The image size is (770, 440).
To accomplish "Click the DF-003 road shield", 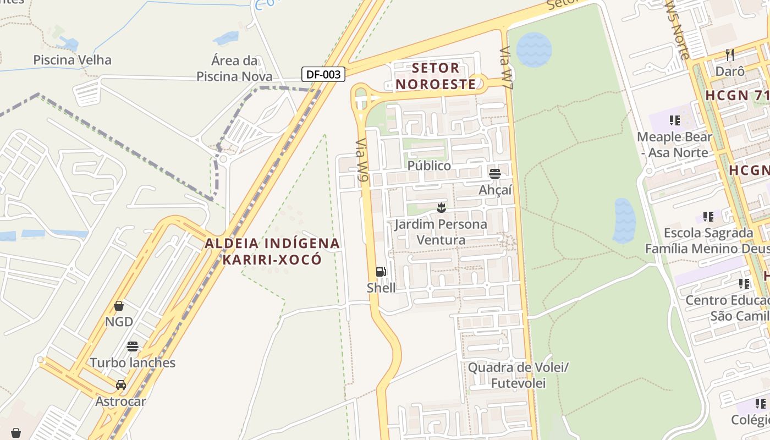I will pyautogui.click(x=323, y=74).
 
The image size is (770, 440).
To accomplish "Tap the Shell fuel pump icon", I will pyautogui.click(x=381, y=272).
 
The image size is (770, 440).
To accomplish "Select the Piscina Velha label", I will pyautogui.click(x=73, y=60).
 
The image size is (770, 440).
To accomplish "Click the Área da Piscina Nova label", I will pyautogui.click(x=234, y=68).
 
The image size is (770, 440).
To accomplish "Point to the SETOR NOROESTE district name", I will pyautogui.click(x=436, y=76).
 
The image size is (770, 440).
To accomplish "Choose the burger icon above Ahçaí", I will pyautogui.click(x=495, y=174).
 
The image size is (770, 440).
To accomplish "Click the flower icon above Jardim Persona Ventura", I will pyautogui.click(x=441, y=207).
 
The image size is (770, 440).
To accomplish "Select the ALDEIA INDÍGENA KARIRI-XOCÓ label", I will pyautogui.click(x=272, y=251).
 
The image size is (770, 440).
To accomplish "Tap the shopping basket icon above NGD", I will pyautogui.click(x=119, y=305).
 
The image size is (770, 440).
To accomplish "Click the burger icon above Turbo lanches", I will pyautogui.click(x=133, y=346).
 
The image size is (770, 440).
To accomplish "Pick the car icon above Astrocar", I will pyautogui.click(x=121, y=385).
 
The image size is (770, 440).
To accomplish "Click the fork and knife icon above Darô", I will pyautogui.click(x=730, y=54).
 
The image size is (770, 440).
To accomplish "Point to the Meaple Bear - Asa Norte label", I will pyautogui.click(x=674, y=145).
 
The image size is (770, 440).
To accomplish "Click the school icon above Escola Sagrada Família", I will pyautogui.click(x=708, y=217).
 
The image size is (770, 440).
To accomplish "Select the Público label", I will pyautogui.click(x=429, y=166).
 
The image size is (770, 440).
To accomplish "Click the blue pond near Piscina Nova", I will pyautogui.click(x=226, y=38).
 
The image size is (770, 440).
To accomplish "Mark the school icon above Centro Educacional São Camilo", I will pyautogui.click(x=744, y=284).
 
